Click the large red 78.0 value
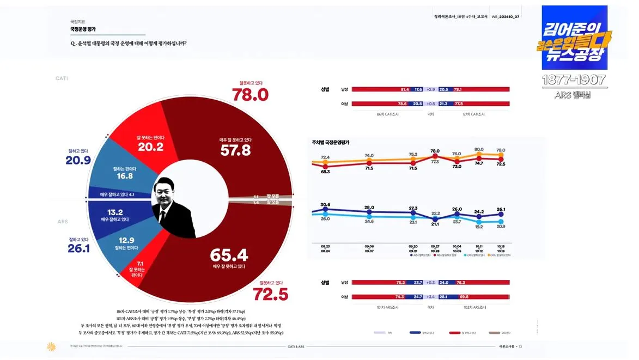pyautogui.click(x=251, y=95)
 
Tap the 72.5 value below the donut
pyautogui.click(x=270, y=294)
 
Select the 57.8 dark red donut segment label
pyautogui.click(x=235, y=150)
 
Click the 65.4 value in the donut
pyautogui.click(x=229, y=255)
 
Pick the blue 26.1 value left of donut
pyautogui.click(x=78, y=249)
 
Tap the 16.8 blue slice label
pyautogui.click(x=125, y=176)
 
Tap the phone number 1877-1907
pyautogui.click(x=574, y=80)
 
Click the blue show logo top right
pyautogui.click(x=574, y=38)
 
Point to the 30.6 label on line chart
pyautogui.click(x=325, y=205)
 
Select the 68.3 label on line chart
pyautogui.click(x=325, y=172)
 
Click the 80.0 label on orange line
pyautogui.click(x=479, y=149)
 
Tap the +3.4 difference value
pyautogui.click(x=430, y=297)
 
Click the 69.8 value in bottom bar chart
pyautogui.click(x=464, y=297)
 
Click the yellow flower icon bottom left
pyautogui.click(x=52, y=346)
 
